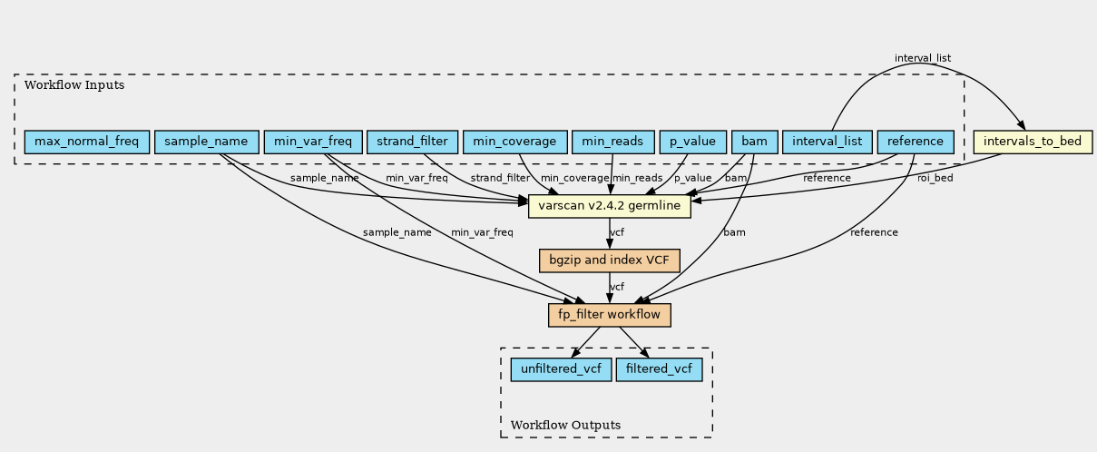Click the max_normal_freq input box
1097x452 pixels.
tap(87, 142)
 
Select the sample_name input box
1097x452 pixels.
tap(206, 142)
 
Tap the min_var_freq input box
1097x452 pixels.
tap(313, 142)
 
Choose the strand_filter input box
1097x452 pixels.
tap(412, 142)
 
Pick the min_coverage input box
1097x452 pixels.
tap(514, 142)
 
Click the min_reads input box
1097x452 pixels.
tap(612, 142)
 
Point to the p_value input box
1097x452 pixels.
tap(693, 142)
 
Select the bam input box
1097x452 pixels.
tap(755, 142)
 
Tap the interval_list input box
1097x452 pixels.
tap(828, 142)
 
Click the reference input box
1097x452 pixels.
tap(916, 142)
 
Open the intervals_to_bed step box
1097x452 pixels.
tap(1033, 142)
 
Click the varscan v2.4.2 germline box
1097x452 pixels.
tap(610, 206)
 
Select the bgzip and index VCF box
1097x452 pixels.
tap(610, 260)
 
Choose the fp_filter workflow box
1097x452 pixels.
tap(610, 315)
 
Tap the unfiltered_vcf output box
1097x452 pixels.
tap(562, 369)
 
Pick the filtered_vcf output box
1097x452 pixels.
tap(659, 369)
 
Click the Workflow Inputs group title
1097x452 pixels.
tap(74, 85)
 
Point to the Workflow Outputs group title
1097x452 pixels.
tap(565, 425)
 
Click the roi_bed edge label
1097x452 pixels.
tap(935, 178)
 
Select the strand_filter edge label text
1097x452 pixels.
tap(500, 178)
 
